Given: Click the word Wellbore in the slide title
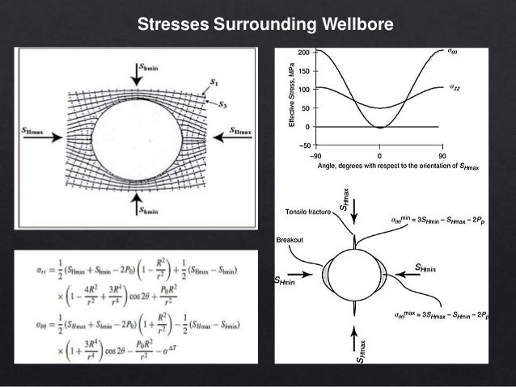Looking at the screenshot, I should click(x=349, y=25).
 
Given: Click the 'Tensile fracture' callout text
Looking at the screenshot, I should click(x=307, y=212).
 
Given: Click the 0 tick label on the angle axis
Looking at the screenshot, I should click(x=380, y=154).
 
